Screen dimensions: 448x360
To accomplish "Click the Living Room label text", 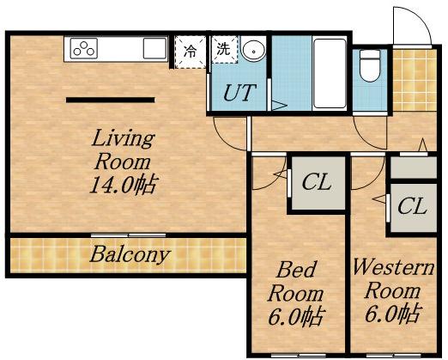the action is coord(124,149).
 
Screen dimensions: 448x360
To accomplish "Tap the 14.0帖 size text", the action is coord(124,185).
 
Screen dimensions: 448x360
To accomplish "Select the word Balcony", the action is coord(130,255).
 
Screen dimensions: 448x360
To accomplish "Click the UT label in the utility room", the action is coord(239,93).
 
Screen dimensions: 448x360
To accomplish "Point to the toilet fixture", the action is coord(370,65).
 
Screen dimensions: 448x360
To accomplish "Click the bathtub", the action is coord(330,74).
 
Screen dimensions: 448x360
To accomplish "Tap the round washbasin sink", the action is coord(253,50).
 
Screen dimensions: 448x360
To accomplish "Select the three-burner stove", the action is coord(84,48).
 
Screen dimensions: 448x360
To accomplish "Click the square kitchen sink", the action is coord(154,48).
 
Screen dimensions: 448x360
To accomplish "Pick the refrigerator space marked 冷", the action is coord(191,52).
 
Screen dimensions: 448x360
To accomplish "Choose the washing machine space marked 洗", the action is coord(225,49).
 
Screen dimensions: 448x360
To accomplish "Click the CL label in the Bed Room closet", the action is coord(317,182).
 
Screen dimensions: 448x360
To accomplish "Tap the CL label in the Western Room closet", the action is coord(412,206).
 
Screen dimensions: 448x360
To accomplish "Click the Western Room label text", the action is coord(393,278).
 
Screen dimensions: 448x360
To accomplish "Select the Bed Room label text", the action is coord(295,282).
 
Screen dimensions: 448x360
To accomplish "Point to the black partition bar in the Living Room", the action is coord(111,100).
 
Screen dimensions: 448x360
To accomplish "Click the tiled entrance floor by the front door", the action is coord(415,80).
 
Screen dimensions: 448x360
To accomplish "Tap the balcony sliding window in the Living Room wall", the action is coord(128,235).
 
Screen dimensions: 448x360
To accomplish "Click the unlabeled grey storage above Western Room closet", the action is coord(414,167).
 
